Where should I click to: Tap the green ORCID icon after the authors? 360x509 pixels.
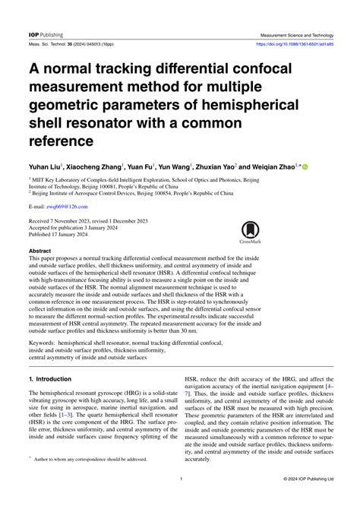(x=305, y=165)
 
